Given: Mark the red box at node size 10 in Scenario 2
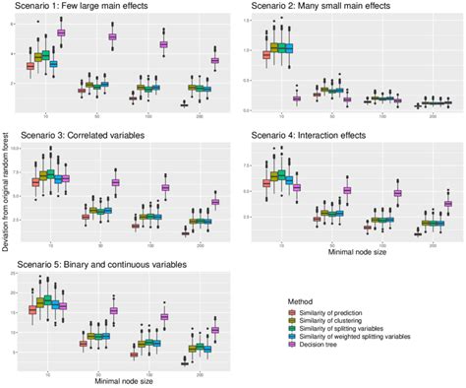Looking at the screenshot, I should pyautogui.click(x=266, y=54).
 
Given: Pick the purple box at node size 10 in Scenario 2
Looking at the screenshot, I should pyautogui.click(x=297, y=97).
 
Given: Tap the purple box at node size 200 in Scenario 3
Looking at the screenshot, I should pyautogui.click(x=215, y=201).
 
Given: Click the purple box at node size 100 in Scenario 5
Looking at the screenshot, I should pyautogui.click(x=163, y=317).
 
